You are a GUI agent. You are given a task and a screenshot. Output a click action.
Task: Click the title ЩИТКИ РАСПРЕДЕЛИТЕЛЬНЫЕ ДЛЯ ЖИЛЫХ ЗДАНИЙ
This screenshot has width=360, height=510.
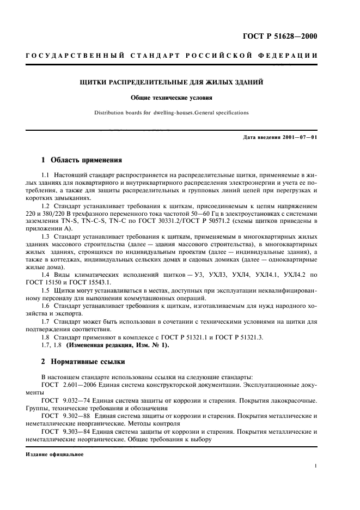click(172, 83)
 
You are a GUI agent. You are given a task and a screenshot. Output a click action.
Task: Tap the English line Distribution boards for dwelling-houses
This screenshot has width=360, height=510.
click(172, 113)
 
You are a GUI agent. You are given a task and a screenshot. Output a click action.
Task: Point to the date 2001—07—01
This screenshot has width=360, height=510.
click(297, 137)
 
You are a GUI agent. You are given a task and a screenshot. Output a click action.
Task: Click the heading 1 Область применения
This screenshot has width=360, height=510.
click(82, 160)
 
